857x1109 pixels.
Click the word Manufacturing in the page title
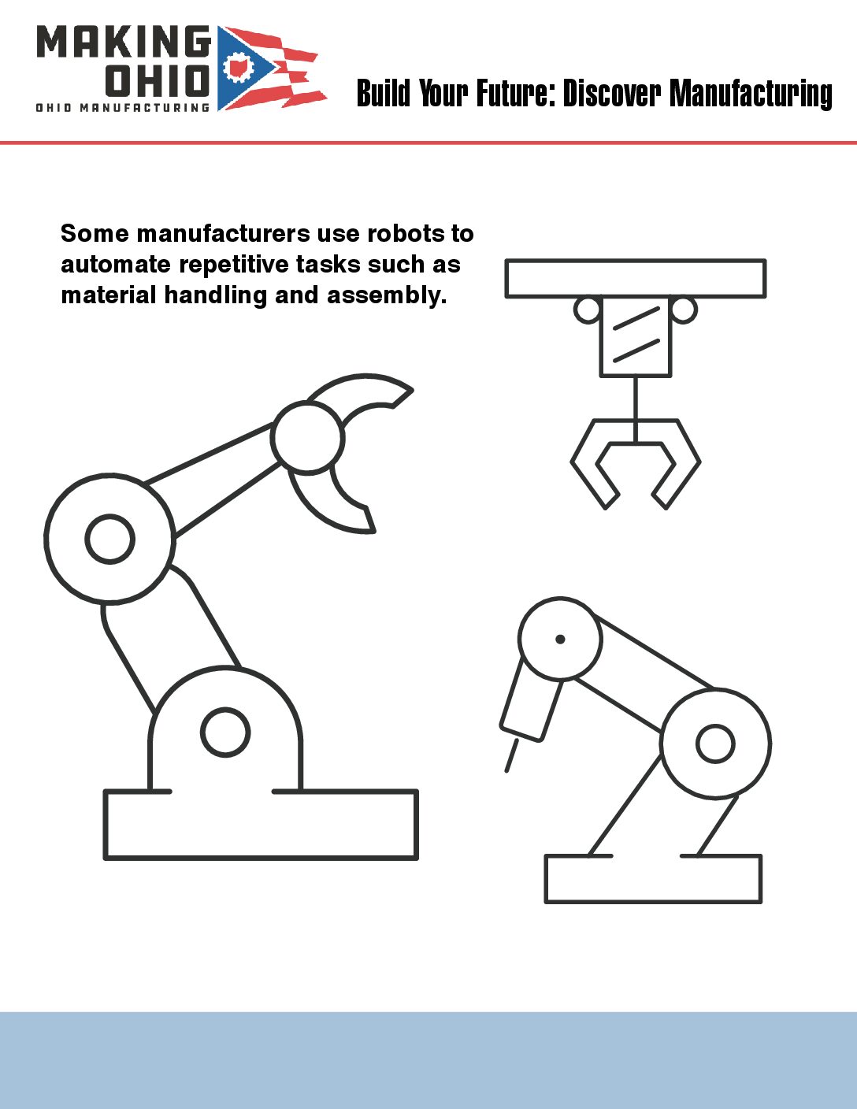tap(751, 94)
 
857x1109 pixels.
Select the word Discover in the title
tap(612, 93)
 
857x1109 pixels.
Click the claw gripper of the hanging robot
tap(636, 463)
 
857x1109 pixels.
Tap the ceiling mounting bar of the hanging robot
tap(636, 278)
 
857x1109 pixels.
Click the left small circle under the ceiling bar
tap(587, 310)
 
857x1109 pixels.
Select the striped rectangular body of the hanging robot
tap(636, 336)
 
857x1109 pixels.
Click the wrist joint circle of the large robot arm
tap(307, 437)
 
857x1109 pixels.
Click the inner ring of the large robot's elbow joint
tap(109, 539)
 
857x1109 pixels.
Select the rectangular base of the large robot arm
tap(261, 825)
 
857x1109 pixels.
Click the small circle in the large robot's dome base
tap(225, 733)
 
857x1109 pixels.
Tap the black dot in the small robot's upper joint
tap(560, 639)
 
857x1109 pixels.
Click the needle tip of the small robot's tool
tap(506, 770)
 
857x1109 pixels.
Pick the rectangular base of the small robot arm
tap(653, 878)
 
